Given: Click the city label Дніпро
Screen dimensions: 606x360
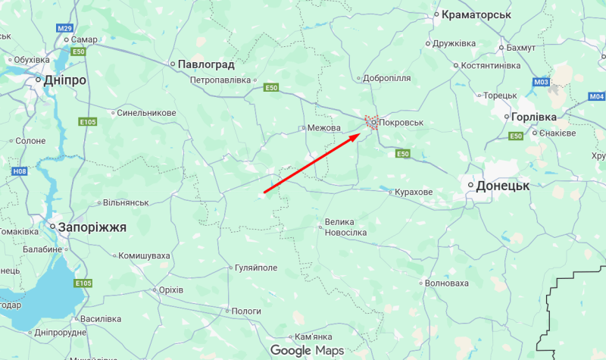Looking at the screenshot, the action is [65, 80].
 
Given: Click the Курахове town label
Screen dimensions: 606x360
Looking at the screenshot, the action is [414, 193].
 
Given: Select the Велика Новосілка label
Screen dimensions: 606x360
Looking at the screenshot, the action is [345, 227].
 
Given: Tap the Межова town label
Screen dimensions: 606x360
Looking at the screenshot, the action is [324, 128].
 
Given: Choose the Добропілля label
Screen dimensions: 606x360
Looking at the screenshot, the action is [387, 77].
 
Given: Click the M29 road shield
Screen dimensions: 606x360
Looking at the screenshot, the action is [64, 28].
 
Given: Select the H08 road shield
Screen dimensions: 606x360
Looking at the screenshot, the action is [19, 172].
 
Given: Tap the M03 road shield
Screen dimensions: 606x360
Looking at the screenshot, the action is [541, 82].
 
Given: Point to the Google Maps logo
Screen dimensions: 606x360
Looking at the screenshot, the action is [308, 350].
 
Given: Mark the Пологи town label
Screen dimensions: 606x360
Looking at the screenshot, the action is [245, 311].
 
